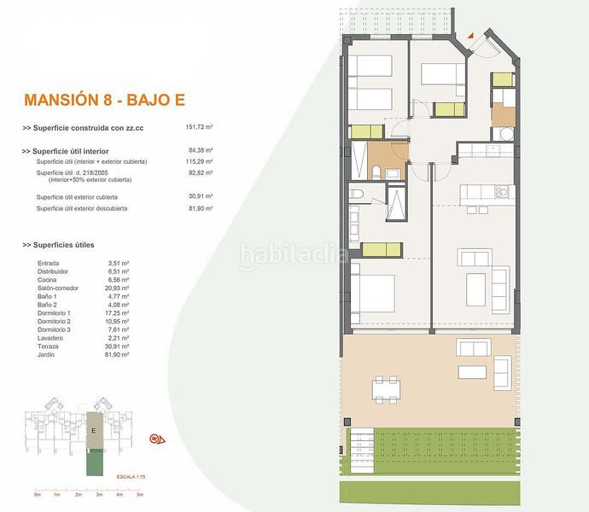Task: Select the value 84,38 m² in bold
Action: pos(199,151)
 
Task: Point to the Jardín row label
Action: pos(48,354)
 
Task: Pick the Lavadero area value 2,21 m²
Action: pos(118,338)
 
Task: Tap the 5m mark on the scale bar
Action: pos(140,495)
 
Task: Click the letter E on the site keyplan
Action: pos(93,432)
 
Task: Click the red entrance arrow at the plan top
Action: pos(469,36)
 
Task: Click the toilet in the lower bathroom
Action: pos(357,196)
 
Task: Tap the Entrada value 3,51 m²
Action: pos(118,264)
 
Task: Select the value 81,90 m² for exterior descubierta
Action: pos(199,208)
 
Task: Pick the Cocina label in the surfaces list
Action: pos(48,280)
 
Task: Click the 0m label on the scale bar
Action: pos(38,495)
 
